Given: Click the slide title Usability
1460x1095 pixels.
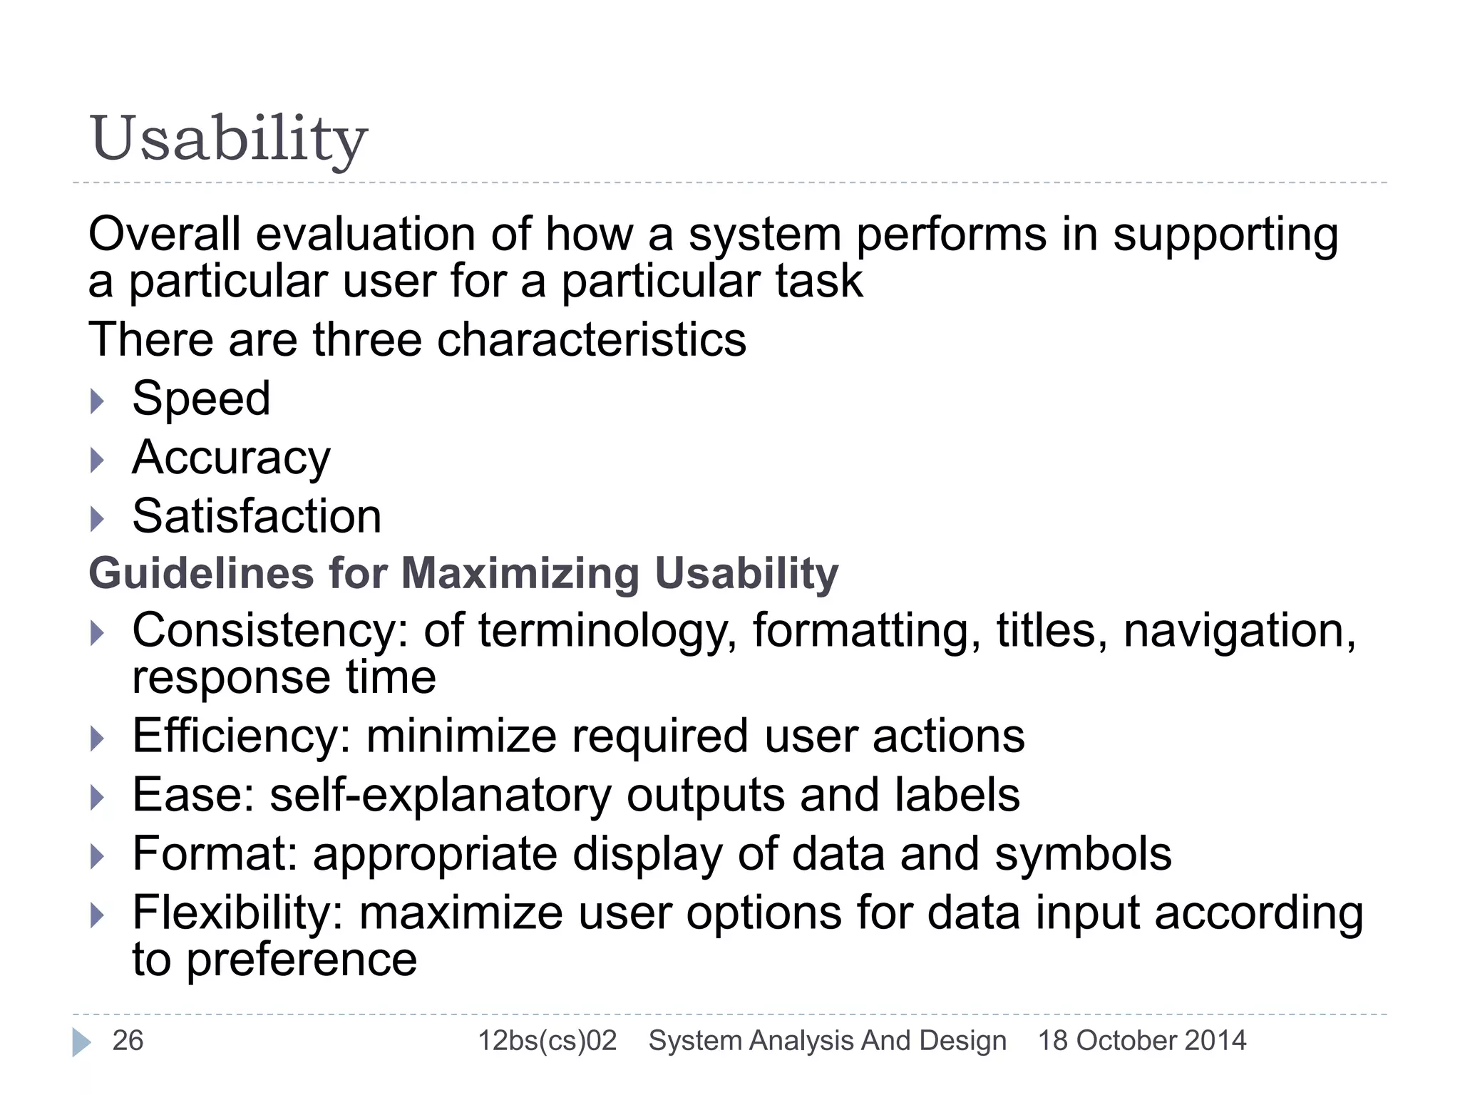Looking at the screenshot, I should tap(228, 139).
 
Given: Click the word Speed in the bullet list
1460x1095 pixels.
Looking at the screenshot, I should tap(201, 399).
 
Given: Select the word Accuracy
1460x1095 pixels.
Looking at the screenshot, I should tap(231, 458).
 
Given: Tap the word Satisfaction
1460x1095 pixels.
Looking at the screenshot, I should tap(257, 516).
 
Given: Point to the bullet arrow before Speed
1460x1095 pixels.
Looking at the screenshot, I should tap(98, 401).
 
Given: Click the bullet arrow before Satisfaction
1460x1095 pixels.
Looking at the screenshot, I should tap(98, 519).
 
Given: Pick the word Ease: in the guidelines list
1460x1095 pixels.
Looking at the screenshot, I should tap(193, 795).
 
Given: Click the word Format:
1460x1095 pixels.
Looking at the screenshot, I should tap(215, 854).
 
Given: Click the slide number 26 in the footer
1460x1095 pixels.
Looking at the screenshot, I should tap(128, 1041).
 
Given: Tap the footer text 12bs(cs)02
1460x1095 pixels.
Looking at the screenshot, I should tap(547, 1041).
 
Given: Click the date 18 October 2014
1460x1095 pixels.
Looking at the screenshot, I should tap(1142, 1041).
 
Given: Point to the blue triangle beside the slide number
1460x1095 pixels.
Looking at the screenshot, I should tap(81, 1042).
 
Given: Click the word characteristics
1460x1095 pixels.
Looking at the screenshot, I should tap(591, 340).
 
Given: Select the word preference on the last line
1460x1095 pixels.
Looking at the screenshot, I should tap(301, 960).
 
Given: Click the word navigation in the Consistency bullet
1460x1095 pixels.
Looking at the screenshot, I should tap(1239, 632).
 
